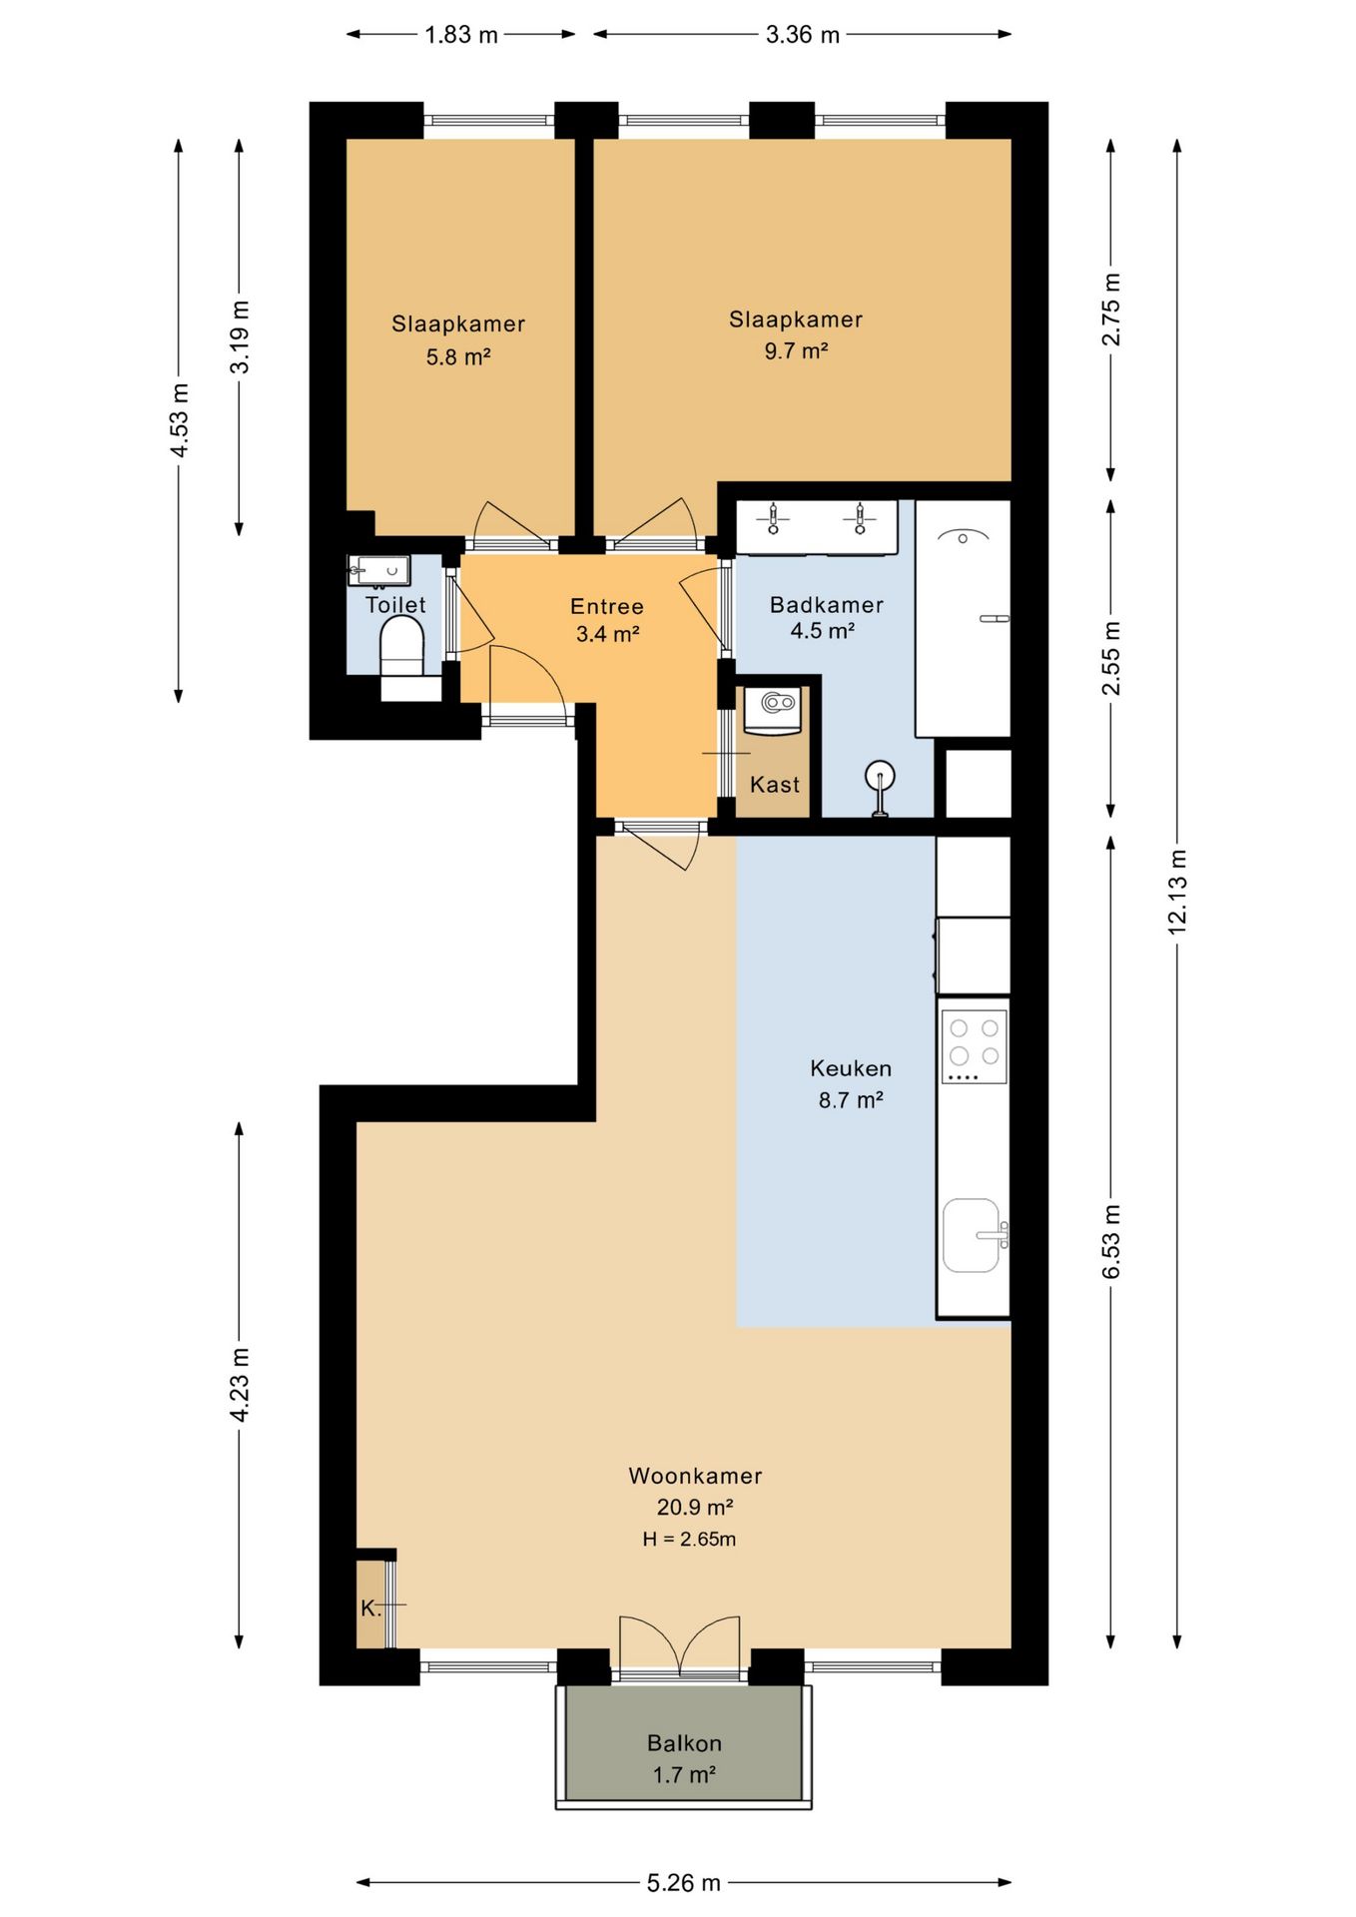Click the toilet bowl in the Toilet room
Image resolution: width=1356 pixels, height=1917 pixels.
click(x=402, y=647)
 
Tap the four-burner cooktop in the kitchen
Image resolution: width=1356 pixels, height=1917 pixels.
click(x=974, y=1045)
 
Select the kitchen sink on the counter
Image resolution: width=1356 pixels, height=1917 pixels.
click(x=972, y=1235)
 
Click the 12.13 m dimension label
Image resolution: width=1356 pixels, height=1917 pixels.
click(x=1177, y=892)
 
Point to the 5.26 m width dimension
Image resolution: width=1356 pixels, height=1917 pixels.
click(x=683, y=1882)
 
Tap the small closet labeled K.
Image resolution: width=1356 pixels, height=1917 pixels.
click(x=371, y=1607)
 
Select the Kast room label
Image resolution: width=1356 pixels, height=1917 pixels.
click(x=775, y=785)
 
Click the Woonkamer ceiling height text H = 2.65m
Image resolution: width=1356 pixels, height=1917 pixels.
click(x=689, y=1540)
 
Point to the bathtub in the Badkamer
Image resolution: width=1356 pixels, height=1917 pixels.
click(x=963, y=619)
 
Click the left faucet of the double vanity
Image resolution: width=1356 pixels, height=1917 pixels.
click(x=773, y=520)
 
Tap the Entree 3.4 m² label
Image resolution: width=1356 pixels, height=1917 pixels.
click(x=607, y=619)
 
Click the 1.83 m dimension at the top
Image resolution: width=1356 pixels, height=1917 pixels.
click(x=460, y=35)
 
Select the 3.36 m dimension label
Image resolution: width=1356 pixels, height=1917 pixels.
click(x=802, y=35)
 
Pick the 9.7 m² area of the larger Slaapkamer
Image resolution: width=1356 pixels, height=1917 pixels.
click(x=796, y=351)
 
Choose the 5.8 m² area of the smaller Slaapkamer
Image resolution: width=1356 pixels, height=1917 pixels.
click(x=457, y=356)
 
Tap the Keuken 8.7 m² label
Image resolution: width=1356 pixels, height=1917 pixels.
click(x=851, y=1083)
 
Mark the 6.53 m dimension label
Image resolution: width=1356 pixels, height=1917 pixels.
click(x=1111, y=1240)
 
